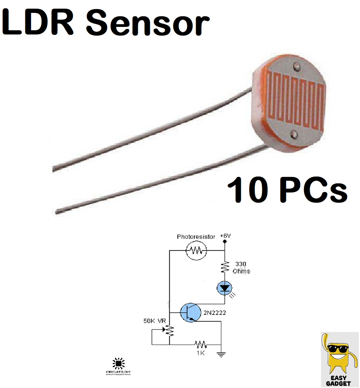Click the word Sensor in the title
[x=148, y=23]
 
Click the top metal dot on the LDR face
[x=296, y=68]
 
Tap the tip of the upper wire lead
[x=54, y=169]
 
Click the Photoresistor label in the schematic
[x=196, y=237]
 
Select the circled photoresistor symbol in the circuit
[x=196, y=250]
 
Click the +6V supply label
[x=225, y=236]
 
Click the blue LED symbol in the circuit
[x=224, y=289]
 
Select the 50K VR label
[x=154, y=321]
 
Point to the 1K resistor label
[x=201, y=353]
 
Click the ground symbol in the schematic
[x=221, y=355]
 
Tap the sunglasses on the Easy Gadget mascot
[x=338, y=349]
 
